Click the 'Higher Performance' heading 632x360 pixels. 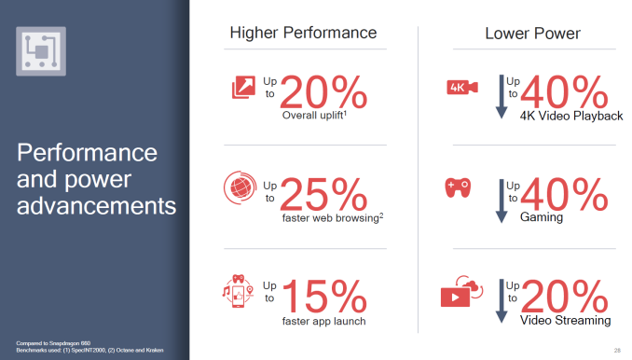[x=303, y=34]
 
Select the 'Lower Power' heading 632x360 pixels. [x=532, y=34]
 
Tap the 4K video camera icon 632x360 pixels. [x=463, y=89]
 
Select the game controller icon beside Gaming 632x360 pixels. [x=462, y=187]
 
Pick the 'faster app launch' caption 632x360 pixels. [x=323, y=321]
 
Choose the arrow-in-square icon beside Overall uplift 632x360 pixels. [x=242, y=89]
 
